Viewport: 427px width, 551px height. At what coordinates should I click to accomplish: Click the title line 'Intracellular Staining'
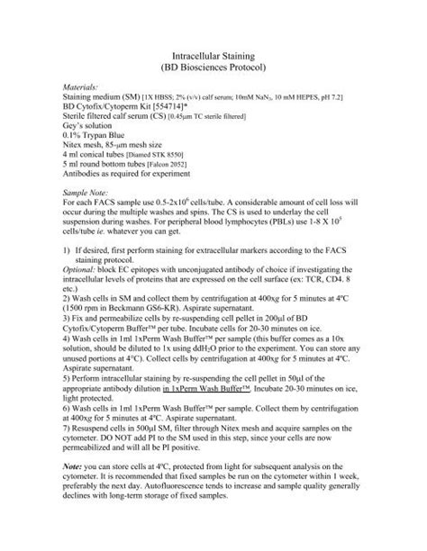click(213, 56)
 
